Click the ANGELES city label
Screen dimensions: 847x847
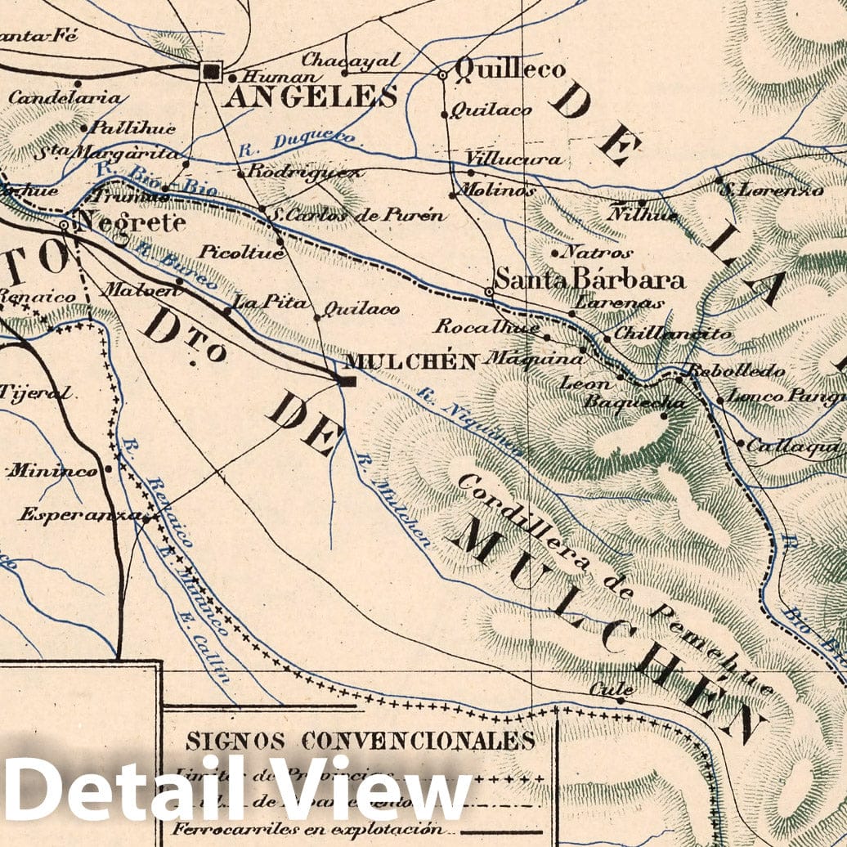(310, 97)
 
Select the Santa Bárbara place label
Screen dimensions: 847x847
(589, 280)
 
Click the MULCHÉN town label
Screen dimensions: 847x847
(411, 361)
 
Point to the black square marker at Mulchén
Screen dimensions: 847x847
(347, 380)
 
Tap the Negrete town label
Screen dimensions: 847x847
(129, 222)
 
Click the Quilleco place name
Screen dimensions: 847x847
(509, 69)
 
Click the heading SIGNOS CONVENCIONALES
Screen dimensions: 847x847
(360, 741)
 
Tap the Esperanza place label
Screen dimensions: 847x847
(78, 515)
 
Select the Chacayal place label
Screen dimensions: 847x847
(351, 60)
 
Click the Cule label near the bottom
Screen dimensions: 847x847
(601, 688)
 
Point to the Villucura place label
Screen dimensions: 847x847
(513, 158)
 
